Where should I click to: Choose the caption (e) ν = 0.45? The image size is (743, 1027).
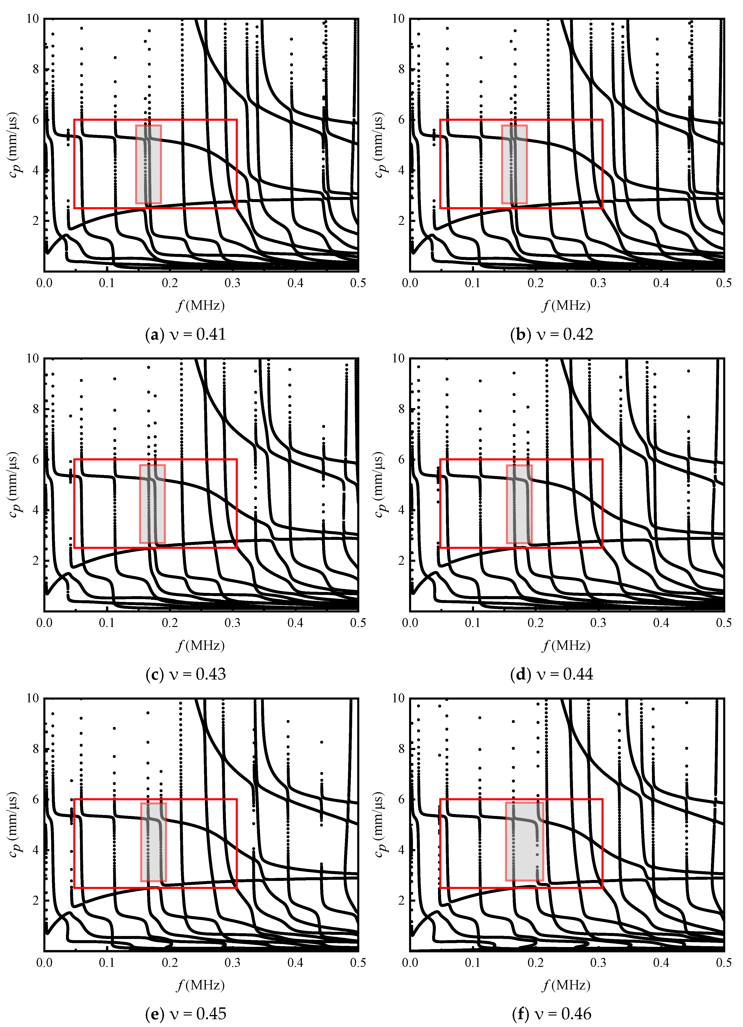coord(186,1013)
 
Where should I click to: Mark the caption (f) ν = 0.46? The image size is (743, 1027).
coord(551,1013)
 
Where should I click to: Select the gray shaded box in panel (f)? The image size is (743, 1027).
coord(524,841)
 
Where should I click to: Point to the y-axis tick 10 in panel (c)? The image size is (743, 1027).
coord(32,359)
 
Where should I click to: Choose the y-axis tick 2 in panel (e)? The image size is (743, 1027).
coord(36,900)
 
